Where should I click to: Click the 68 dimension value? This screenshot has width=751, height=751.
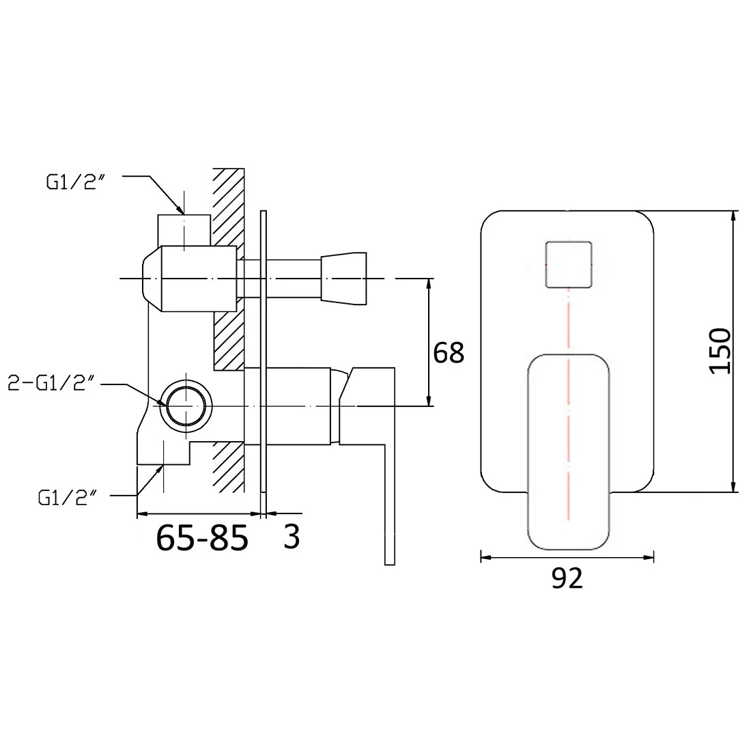[449, 353]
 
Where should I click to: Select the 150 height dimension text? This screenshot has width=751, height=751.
[720, 351]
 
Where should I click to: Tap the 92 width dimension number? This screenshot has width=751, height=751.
[567, 578]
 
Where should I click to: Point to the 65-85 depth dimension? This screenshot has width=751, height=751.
[202, 537]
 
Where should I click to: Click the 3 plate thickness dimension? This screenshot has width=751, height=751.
[292, 537]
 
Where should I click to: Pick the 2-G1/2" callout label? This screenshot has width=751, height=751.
[51, 383]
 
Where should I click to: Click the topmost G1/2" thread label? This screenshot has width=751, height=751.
[75, 182]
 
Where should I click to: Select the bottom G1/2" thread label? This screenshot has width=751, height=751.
[67, 498]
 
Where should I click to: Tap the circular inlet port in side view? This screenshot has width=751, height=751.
[186, 406]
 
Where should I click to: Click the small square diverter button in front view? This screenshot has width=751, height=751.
[569, 265]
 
